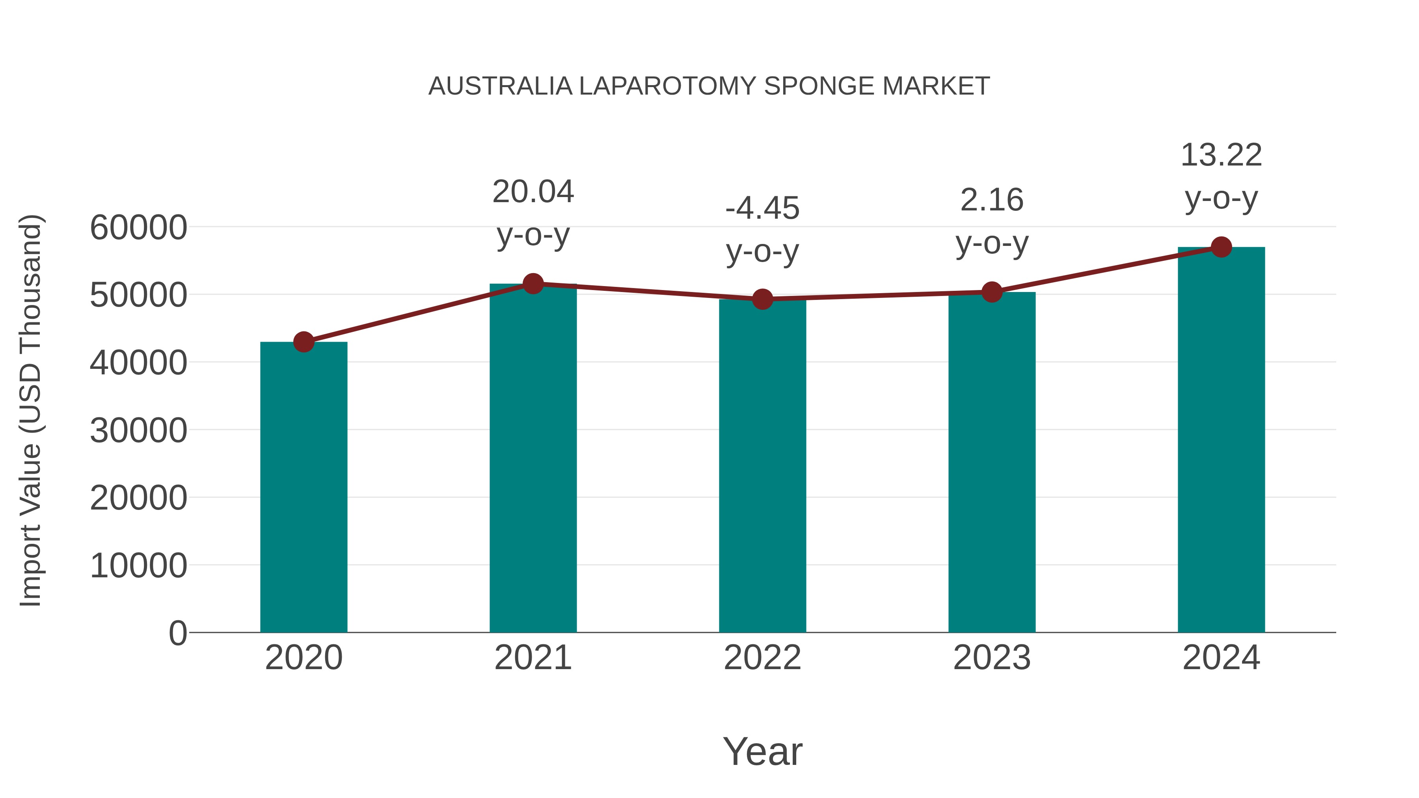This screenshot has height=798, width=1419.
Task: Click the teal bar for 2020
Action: pyautogui.click(x=304, y=487)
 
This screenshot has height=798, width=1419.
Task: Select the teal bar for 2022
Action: pyautogui.click(x=762, y=465)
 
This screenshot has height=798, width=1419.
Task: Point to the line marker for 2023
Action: pyautogui.click(x=992, y=292)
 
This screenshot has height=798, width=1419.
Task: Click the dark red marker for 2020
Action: pyautogui.click(x=304, y=342)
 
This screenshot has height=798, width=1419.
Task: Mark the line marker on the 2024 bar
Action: pyautogui.click(x=1221, y=247)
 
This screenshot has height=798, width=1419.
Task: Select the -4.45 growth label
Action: pyautogui.click(x=762, y=208)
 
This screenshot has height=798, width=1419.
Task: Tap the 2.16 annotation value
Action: pyautogui.click(x=992, y=200)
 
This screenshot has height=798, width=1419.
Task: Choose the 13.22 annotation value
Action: pyautogui.click(x=1221, y=155)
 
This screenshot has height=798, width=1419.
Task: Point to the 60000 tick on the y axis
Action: pyautogui.click(x=138, y=227)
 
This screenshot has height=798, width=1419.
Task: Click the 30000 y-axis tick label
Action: pyautogui.click(x=138, y=430)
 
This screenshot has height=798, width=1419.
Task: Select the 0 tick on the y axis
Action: pyautogui.click(x=177, y=633)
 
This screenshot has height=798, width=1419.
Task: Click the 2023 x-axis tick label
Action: pyautogui.click(x=992, y=658)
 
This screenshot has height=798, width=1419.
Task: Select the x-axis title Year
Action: pyautogui.click(x=762, y=751)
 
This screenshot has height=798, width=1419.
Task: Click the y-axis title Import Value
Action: pyautogui.click(x=31, y=410)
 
